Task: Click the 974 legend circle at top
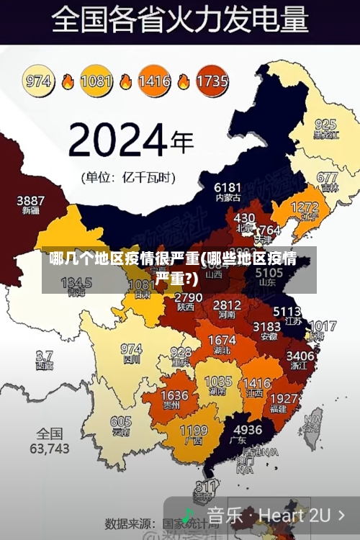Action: click(x=40, y=81)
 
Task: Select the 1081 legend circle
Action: click(x=96, y=81)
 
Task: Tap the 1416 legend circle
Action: click(x=154, y=81)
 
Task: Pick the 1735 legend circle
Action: click(x=212, y=81)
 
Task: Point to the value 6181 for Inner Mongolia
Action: click(x=228, y=186)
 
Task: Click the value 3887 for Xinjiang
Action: click(x=31, y=200)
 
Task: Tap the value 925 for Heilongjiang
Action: click(x=325, y=125)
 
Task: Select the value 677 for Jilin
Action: click(x=328, y=177)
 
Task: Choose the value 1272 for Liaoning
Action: click(x=304, y=207)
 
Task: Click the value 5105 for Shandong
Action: click(x=269, y=274)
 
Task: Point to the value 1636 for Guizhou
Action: click(x=174, y=395)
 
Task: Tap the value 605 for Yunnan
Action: click(x=121, y=422)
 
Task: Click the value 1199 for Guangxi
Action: click(x=194, y=431)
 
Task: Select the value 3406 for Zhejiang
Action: click(x=300, y=356)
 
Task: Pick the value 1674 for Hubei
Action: click(x=222, y=340)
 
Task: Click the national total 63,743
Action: click(x=50, y=448)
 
